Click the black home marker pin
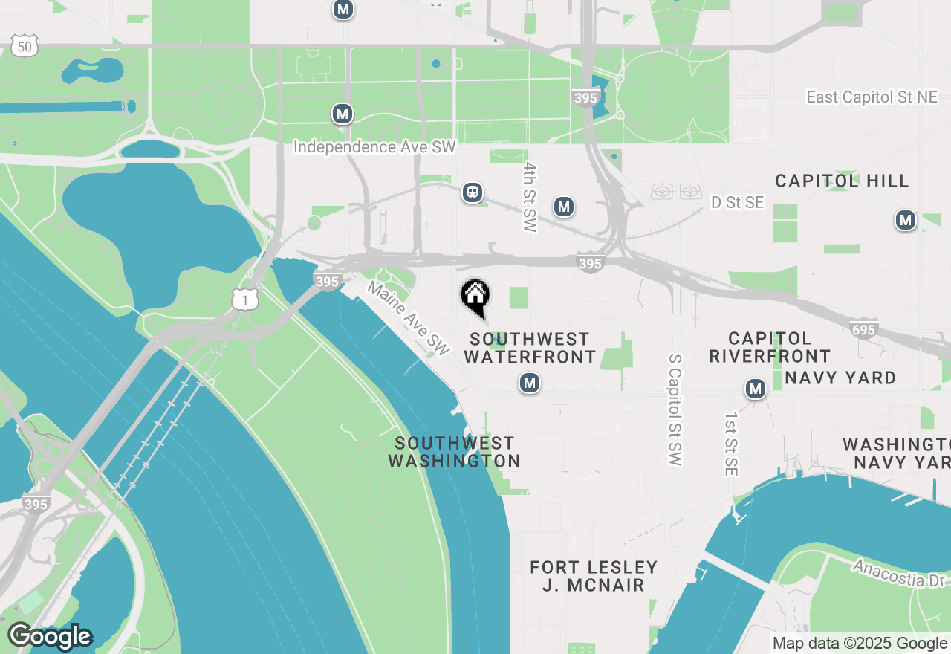point(475,296)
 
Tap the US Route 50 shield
point(25,47)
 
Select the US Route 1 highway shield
point(244,299)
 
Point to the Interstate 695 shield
point(865,328)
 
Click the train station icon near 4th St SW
point(472,192)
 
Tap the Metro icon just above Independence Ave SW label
point(342,114)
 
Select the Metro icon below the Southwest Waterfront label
point(529,383)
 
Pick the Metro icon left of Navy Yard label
point(756,389)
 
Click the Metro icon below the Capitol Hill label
point(905,220)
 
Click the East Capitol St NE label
point(872,97)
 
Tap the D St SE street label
point(737,202)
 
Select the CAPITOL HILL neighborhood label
point(842,181)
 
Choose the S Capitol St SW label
point(675,409)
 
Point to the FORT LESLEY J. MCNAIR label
point(594,576)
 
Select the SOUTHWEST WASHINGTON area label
point(454,452)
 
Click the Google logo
point(50,637)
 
